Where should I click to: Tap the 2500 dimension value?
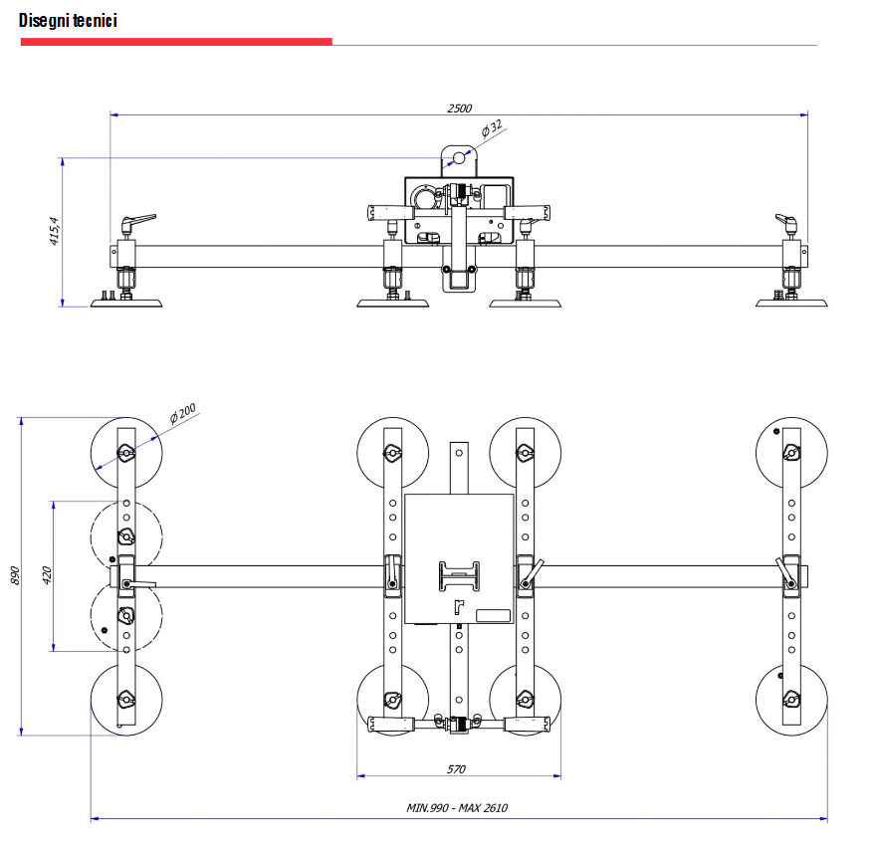point(459,108)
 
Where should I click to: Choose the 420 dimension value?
point(47,576)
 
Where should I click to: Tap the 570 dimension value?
point(457,768)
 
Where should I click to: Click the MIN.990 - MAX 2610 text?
point(457,808)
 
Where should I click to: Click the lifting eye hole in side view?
point(459,158)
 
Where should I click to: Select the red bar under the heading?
point(175,42)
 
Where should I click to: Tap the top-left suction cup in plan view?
point(125,453)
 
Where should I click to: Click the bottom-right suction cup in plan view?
point(790,699)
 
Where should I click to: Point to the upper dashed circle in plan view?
point(125,535)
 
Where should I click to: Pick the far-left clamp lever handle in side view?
point(138,219)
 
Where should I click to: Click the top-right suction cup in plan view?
point(790,453)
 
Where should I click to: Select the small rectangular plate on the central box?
point(494,615)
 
